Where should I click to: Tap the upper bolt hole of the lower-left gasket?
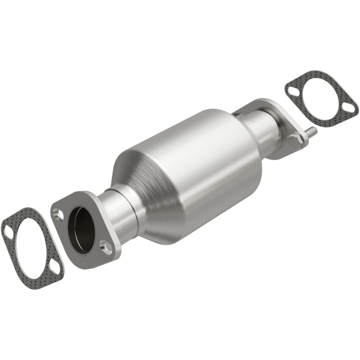pyautogui.click(x=8, y=233)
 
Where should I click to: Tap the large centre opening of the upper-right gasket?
pyautogui.click(x=320, y=97)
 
